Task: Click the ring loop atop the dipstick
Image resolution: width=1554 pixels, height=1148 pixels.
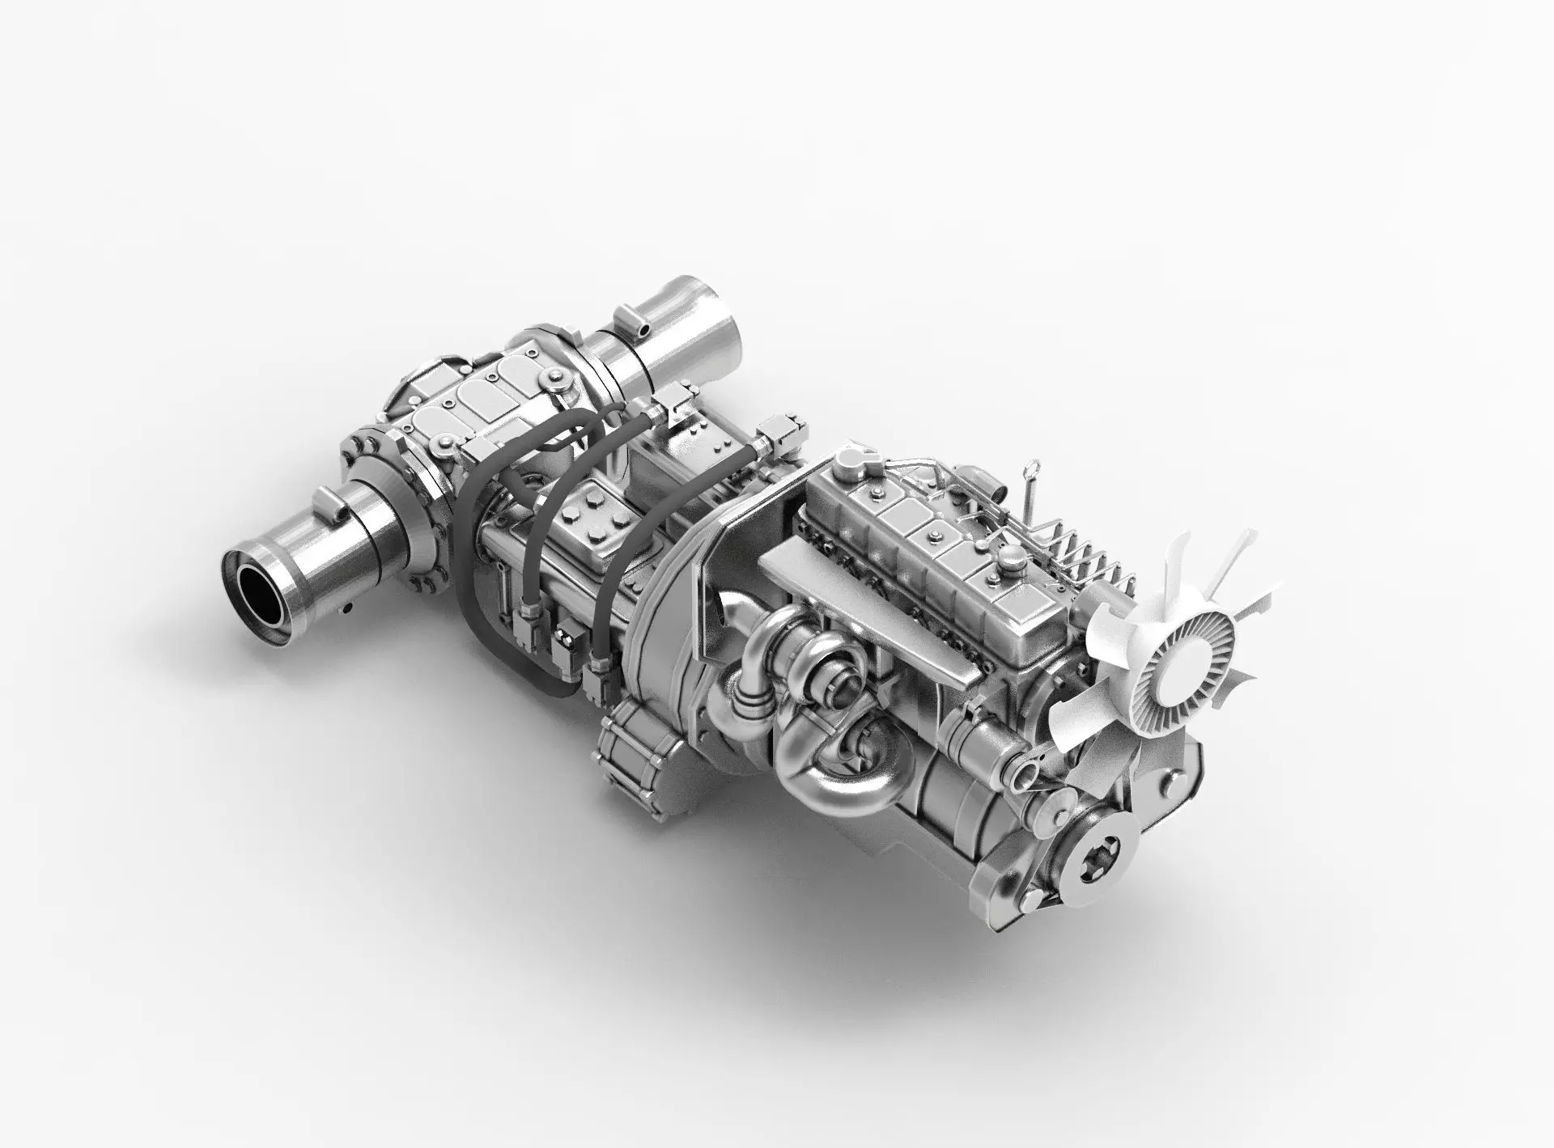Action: click(x=1030, y=468)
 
